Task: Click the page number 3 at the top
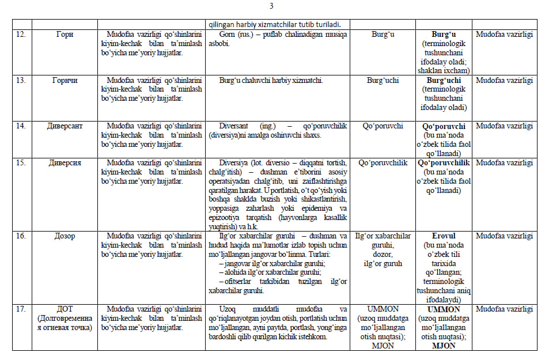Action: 271,7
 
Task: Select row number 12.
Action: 21,35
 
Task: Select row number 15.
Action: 21,162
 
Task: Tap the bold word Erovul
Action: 444,236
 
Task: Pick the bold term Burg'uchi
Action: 444,80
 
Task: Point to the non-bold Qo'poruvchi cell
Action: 381,126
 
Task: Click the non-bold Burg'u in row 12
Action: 381,35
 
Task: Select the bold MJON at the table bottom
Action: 444,346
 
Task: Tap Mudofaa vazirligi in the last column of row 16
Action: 505,236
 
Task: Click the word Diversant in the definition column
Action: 237,126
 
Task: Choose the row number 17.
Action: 21,309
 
